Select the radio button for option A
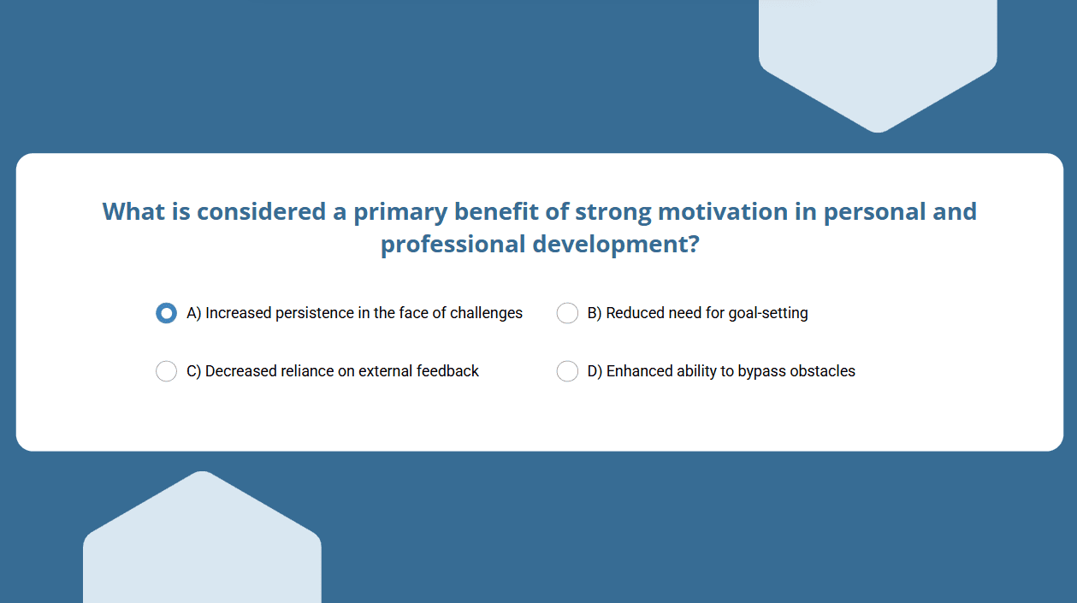pos(166,313)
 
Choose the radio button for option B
pos(567,313)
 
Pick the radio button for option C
pos(166,371)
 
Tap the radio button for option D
pos(567,371)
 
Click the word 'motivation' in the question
pos(723,211)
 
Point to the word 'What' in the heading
pos(133,211)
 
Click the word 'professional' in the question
pos(453,245)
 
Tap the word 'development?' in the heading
pos(617,245)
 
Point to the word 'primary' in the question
pos(400,212)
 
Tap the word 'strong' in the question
pos(613,212)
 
